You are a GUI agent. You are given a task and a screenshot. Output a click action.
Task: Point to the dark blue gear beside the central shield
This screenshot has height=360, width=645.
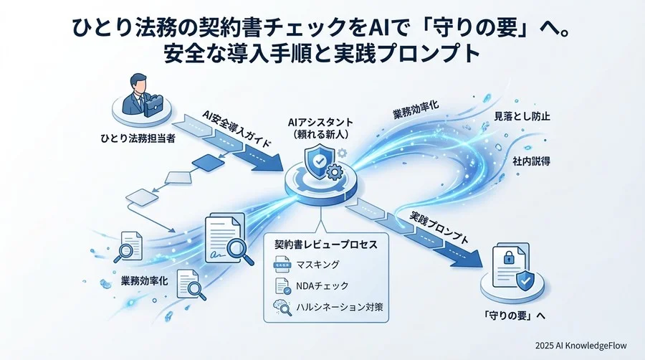pyautogui.click(x=333, y=171)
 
